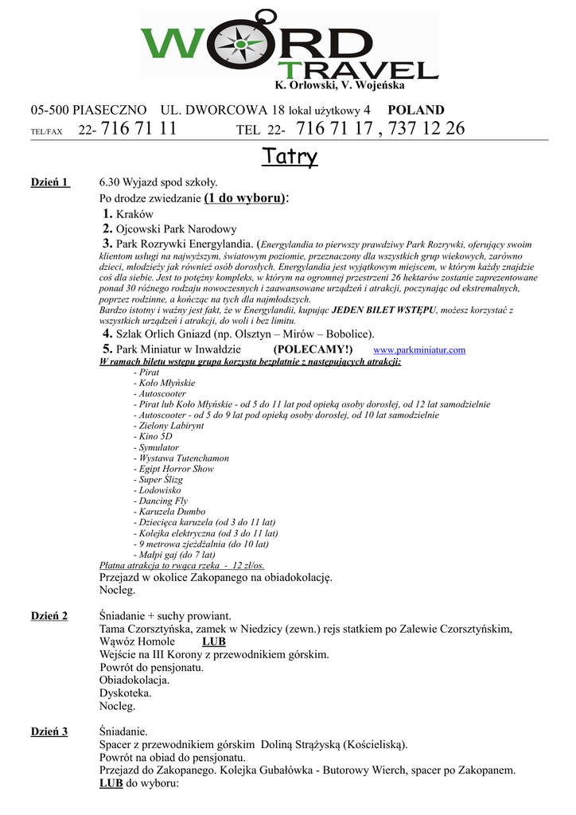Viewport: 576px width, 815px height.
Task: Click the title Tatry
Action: pos(290,157)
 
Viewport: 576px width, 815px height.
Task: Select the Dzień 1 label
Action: pos(50,182)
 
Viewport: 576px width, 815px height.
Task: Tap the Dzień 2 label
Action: pos(49,615)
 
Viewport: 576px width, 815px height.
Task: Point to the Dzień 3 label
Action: pos(49,731)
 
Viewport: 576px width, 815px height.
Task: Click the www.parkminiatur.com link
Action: pos(419,350)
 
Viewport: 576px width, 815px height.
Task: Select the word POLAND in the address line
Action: pos(416,110)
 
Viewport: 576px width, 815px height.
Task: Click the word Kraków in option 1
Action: pos(134,214)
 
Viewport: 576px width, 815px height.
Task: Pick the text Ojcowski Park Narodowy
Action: pos(177,229)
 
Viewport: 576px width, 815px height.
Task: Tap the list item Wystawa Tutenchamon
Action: pos(184,458)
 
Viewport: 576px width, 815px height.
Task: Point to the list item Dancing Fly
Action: pos(163,501)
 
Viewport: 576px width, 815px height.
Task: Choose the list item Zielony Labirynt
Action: pos(170,426)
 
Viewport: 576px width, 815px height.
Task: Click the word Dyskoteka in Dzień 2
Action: pos(125,692)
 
